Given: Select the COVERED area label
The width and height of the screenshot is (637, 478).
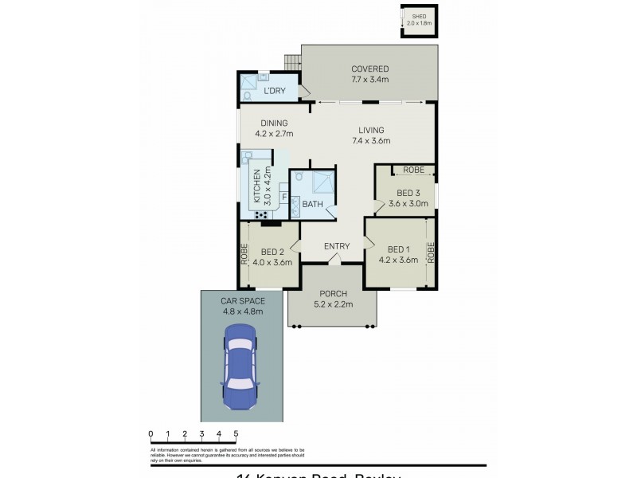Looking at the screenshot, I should (369, 69).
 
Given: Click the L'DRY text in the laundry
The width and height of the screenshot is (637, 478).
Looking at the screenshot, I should (275, 91).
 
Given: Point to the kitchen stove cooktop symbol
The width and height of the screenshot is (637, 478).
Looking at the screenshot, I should (260, 214).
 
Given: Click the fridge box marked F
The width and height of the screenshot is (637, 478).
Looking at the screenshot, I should (283, 195).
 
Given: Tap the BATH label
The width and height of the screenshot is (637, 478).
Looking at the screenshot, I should (312, 205).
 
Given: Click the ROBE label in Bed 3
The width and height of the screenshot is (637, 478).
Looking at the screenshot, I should (412, 170).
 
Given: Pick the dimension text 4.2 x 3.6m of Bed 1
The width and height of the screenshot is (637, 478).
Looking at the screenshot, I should (397, 261).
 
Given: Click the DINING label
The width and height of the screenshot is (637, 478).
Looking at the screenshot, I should (272, 123).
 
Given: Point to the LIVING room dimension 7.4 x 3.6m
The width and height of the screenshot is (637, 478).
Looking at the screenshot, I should (371, 141).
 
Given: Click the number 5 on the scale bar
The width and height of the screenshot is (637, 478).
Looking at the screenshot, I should (236, 433).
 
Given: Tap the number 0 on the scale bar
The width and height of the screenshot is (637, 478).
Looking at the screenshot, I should (150, 433).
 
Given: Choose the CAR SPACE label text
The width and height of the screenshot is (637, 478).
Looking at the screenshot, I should (242, 301).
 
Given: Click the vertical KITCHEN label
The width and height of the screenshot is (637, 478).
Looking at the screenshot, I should (256, 187).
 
